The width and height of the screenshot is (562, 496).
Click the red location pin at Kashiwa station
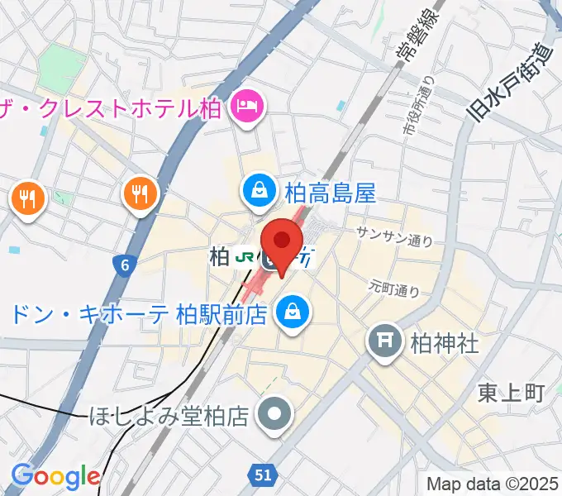[283, 241]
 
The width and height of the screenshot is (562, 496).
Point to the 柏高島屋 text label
[330, 193]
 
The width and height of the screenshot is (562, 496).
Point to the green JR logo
[244, 257]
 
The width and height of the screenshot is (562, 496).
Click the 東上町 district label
[512, 393]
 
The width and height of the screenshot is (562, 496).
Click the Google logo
[55, 476]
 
